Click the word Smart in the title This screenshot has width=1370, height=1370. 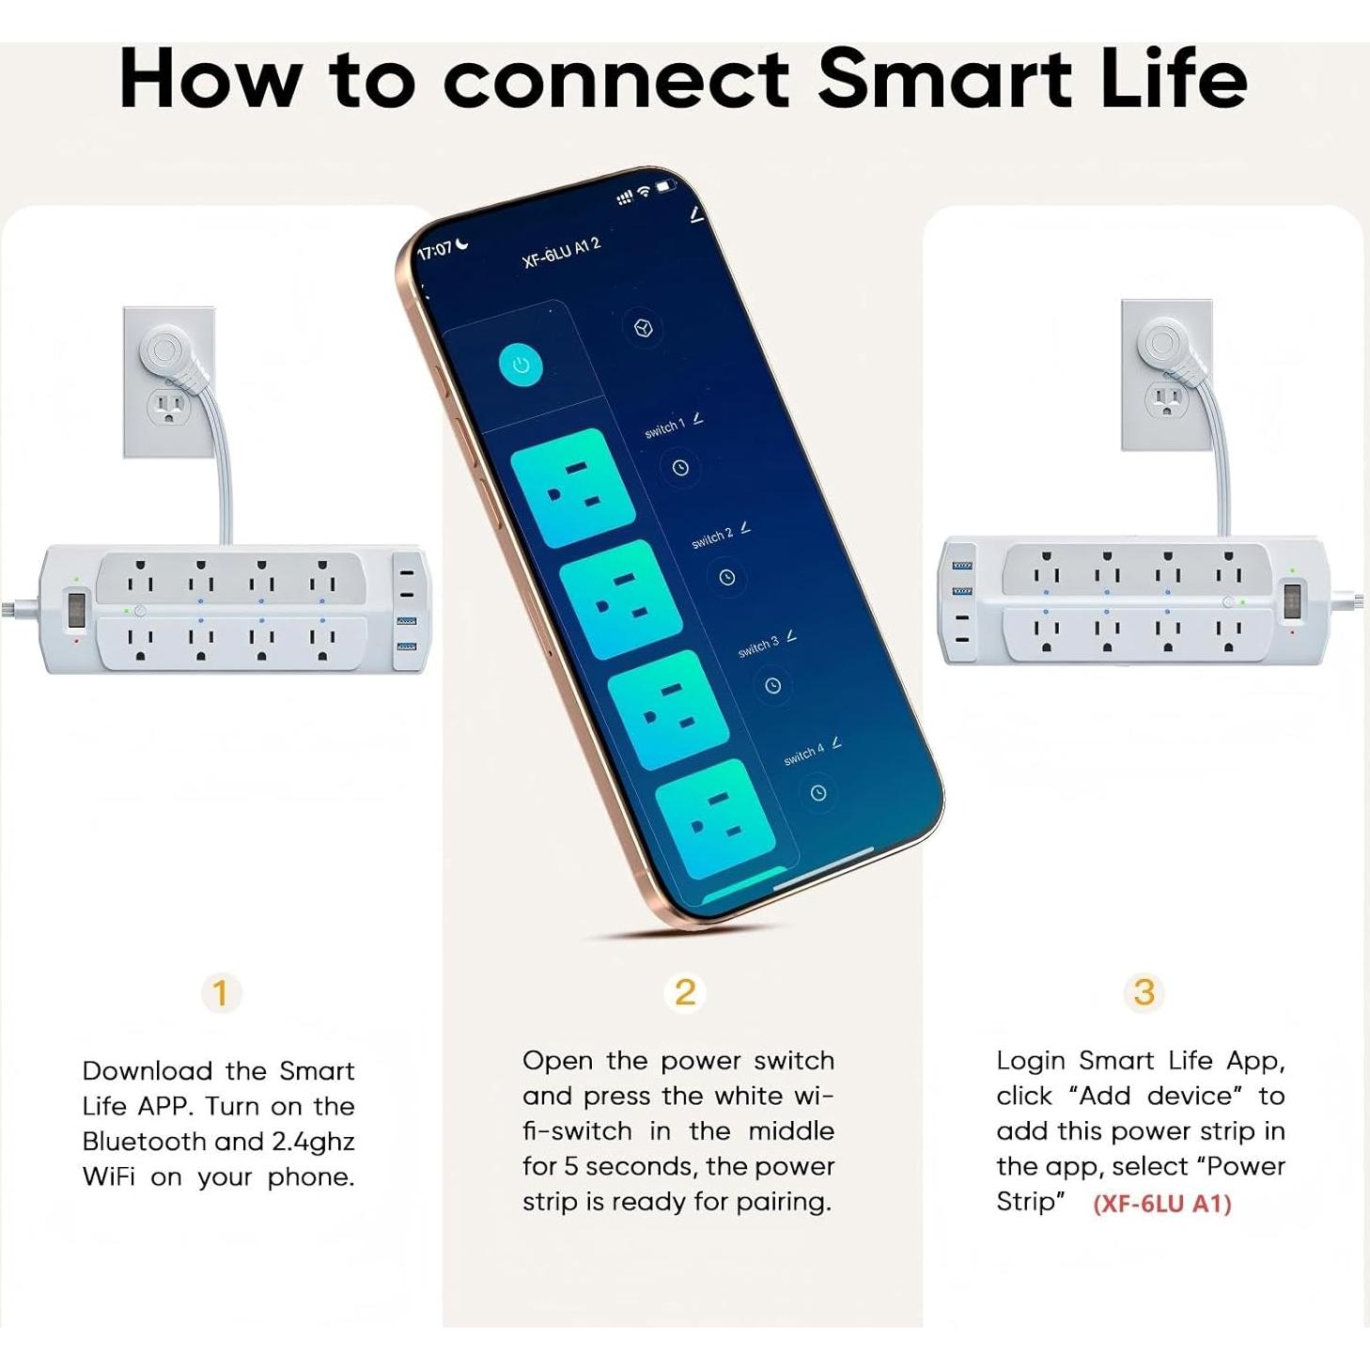pyautogui.click(x=944, y=79)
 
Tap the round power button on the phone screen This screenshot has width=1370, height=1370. pyautogui.click(x=521, y=365)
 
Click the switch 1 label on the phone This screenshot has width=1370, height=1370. pyautogui.click(x=665, y=428)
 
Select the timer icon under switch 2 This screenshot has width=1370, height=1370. pyautogui.click(x=726, y=577)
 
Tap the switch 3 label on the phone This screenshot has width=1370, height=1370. pyautogui.click(x=758, y=646)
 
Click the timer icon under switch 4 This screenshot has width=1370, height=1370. pyautogui.click(x=817, y=793)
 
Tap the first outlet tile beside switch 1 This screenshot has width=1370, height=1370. pyautogui.click(x=572, y=487)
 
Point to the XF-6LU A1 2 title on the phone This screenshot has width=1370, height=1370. pyautogui.click(x=561, y=253)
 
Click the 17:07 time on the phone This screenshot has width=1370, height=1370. pyautogui.click(x=434, y=251)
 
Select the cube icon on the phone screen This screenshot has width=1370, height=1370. pyautogui.click(x=644, y=329)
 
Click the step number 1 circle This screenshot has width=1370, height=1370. pyautogui.click(x=221, y=993)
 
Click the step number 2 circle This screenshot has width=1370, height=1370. pyautogui.click(x=685, y=992)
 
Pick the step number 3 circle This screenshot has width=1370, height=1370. pyautogui.click(x=1144, y=992)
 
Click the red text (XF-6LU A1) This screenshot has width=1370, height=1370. pyautogui.click(x=1161, y=1204)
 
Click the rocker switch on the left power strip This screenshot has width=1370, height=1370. pyautogui.click(x=76, y=609)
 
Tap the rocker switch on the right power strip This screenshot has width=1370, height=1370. pyautogui.click(x=1293, y=601)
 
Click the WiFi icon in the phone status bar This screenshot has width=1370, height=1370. pyautogui.click(x=645, y=191)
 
